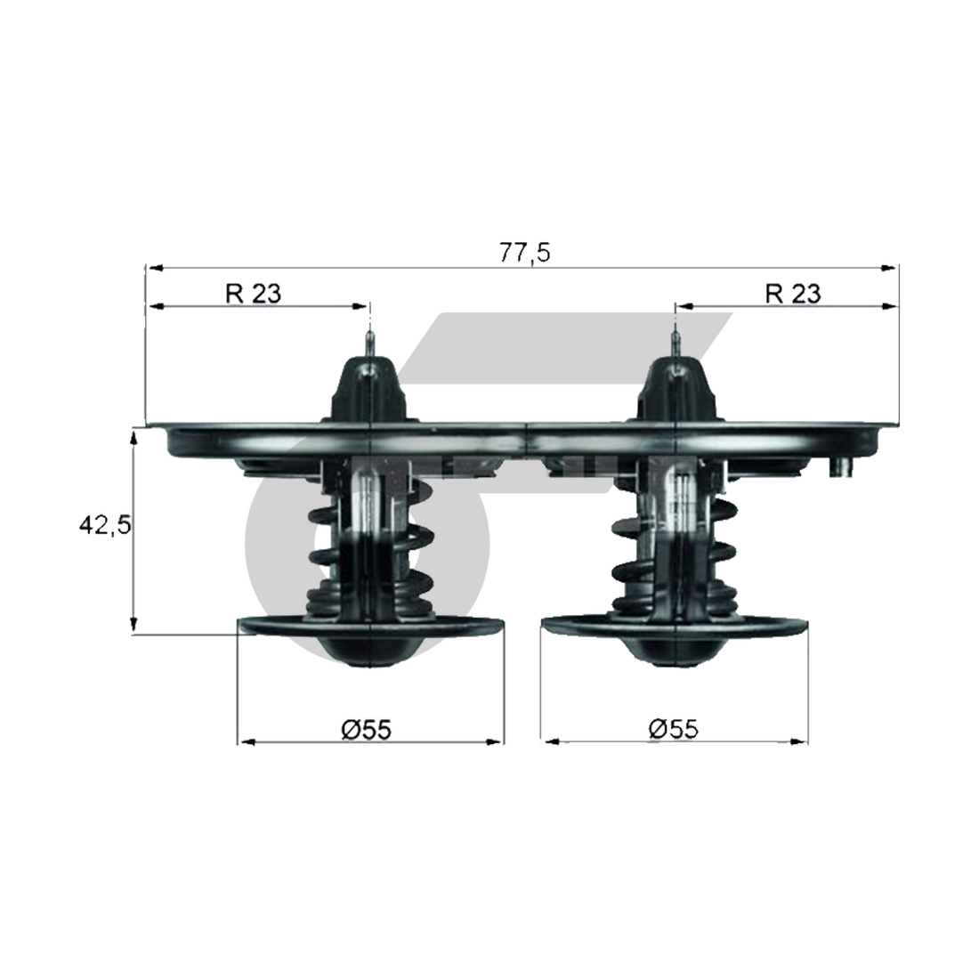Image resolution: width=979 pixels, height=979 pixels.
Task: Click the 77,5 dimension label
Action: (524, 253)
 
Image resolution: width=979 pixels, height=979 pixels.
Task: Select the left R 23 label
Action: (254, 293)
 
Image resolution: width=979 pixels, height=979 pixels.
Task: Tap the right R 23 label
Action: (793, 293)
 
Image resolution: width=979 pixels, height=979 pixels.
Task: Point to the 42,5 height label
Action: (105, 526)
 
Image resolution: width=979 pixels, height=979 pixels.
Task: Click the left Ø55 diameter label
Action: (367, 729)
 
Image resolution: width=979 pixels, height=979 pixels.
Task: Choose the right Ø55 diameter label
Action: (674, 728)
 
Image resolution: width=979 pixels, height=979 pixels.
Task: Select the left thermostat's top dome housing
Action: (369, 389)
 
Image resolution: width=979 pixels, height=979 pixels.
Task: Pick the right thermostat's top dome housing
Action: (676, 389)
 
